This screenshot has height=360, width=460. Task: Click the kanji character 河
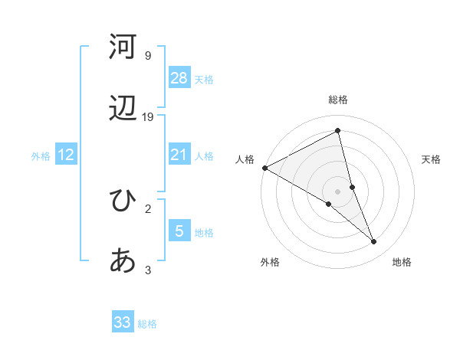point(123,47)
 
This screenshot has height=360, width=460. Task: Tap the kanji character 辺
point(123,110)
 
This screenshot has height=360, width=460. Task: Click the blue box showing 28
point(179,77)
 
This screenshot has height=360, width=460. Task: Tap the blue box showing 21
point(179,155)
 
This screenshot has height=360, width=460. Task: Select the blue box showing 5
point(179,231)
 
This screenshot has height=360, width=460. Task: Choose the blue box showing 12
point(66,155)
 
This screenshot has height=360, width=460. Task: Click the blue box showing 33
point(123,322)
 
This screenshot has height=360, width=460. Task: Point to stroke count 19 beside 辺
point(149,116)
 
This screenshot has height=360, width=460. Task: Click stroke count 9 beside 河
point(148,55)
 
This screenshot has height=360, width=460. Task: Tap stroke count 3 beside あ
point(148,270)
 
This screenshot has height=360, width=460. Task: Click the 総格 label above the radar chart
point(338,100)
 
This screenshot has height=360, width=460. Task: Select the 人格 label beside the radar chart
point(245,159)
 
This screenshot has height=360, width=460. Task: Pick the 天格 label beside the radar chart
point(432,159)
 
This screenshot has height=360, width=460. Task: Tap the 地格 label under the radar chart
point(402,262)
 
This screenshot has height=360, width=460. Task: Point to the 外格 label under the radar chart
point(270,262)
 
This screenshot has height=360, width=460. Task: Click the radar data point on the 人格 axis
point(264,168)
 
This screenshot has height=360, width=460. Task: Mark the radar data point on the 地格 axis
point(374,242)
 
